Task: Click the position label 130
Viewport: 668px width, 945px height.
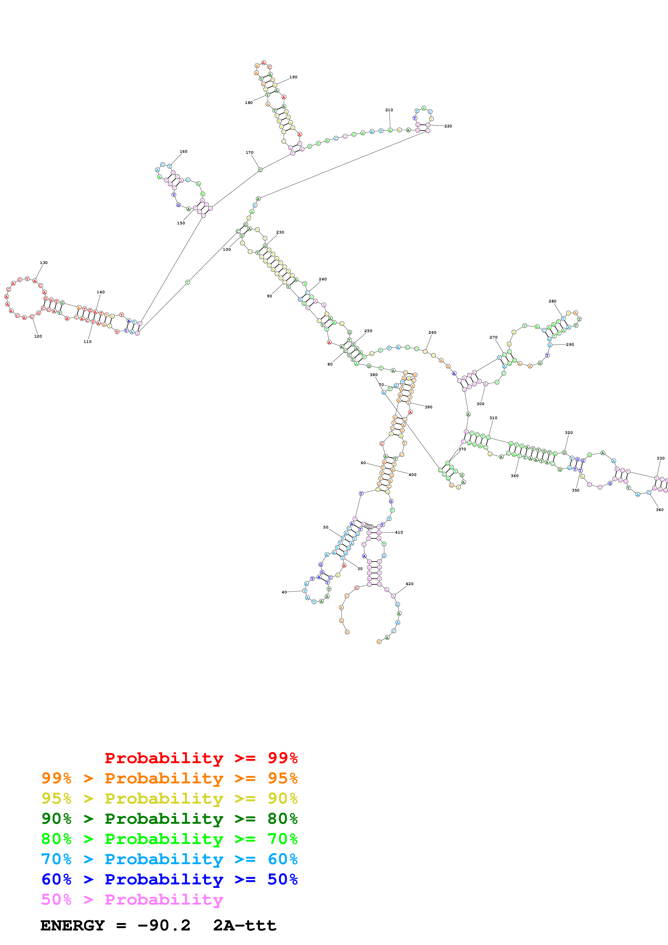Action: point(44,263)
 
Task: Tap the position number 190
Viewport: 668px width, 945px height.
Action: point(293,77)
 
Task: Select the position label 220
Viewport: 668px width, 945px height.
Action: point(448,126)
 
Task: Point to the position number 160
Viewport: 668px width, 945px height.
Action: point(184,151)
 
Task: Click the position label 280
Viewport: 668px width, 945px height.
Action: point(552,301)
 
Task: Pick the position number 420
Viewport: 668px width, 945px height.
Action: point(410,584)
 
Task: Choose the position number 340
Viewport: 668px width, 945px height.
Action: point(659,510)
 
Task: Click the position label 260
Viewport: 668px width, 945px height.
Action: point(432,333)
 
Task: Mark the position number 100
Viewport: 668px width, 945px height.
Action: point(227,249)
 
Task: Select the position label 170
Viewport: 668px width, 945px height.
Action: point(250,153)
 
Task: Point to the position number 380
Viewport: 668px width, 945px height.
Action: point(373,375)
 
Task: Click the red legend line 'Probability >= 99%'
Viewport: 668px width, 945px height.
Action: point(201,758)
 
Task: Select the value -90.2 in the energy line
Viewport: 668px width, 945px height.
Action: point(164,926)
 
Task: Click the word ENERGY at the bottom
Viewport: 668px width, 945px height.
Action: point(72,926)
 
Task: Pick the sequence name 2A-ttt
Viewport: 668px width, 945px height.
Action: point(244,926)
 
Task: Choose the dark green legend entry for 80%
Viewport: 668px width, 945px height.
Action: point(169,819)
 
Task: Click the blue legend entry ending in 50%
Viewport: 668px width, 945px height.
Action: point(169,879)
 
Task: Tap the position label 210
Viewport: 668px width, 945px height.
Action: point(389,110)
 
